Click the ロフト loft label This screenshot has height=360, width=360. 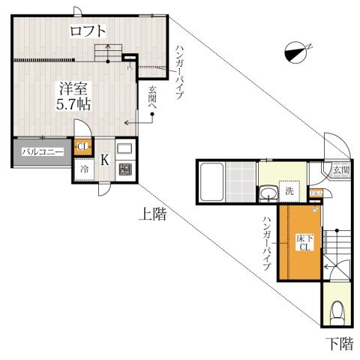[x=88, y=31]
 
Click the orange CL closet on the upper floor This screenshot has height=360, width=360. [x=83, y=148]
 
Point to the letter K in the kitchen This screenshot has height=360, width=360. [x=104, y=159]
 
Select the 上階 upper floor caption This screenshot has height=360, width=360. [x=151, y=214]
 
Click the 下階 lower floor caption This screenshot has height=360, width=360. [x=339, y=344]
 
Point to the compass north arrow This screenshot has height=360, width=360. [x=298, y=52]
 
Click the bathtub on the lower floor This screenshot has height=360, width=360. [x=211, y=182]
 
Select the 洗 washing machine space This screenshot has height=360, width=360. [x=289, y=190]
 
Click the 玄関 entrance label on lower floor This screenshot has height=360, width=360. [x=341, y=171]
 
